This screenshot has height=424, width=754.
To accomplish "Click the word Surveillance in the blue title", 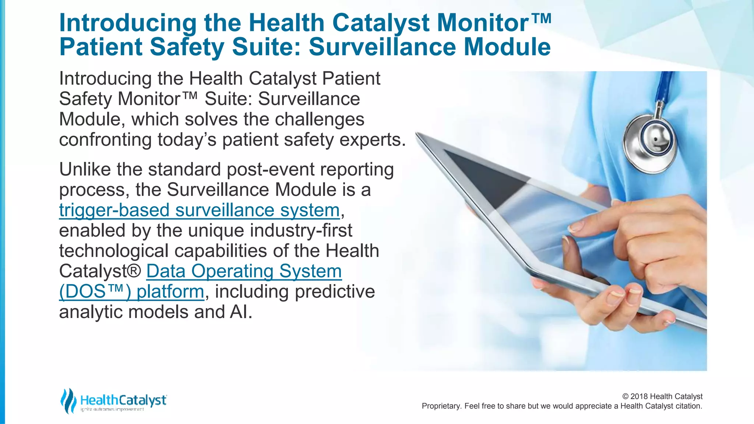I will [383, 47].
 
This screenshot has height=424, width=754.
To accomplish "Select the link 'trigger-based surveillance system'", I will [199, 210].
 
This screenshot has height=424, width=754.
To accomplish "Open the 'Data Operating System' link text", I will [244, 271].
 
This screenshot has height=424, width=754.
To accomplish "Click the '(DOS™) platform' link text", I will [131, 291].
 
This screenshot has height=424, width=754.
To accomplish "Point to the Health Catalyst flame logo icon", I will [68, 400].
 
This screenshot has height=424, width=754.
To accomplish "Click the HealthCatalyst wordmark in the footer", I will [123, 400].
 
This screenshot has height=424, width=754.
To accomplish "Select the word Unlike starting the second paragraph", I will [85, 170].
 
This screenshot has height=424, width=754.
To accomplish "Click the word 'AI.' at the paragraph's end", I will [241, 312].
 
